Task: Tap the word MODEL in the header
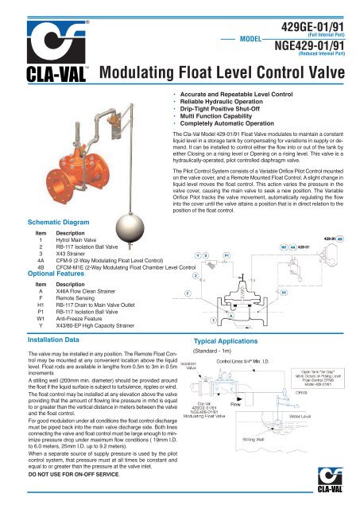[262, 37]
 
